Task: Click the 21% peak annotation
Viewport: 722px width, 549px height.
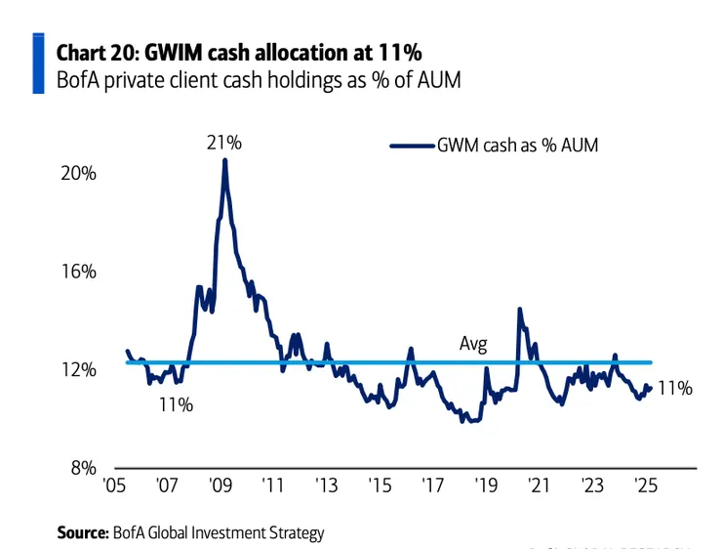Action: (223, 143)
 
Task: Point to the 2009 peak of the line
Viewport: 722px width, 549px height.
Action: (224, 160)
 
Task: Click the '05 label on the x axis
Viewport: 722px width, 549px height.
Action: (113, 486)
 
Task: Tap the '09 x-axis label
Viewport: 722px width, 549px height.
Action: (220, 486)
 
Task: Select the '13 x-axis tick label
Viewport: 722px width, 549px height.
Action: (325, 486)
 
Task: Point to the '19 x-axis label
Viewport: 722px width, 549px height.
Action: (485, 486)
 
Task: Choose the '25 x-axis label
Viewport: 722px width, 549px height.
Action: (644, 486)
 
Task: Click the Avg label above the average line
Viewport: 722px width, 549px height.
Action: (473, 344)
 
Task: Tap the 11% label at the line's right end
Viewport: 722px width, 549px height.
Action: (675, 388)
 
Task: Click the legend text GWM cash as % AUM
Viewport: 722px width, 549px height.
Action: (517, 146)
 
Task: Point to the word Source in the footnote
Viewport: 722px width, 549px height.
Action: (80, 532)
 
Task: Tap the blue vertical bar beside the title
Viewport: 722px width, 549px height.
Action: (38, 63)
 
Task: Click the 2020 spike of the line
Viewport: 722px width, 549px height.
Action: (519, 310)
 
